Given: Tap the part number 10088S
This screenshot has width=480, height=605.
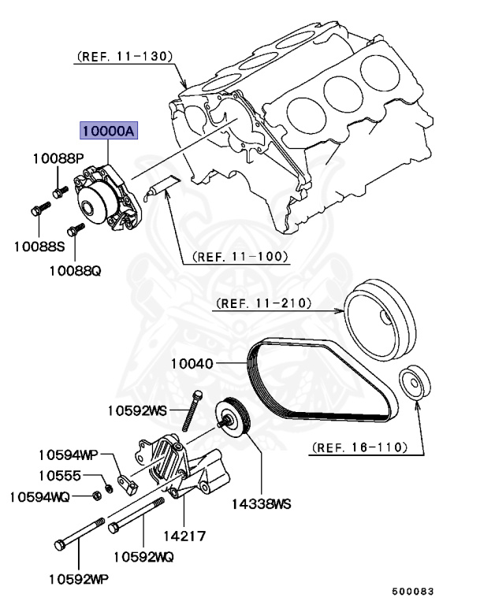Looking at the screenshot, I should point(39,245).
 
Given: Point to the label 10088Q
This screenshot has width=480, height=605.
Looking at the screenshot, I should point(76,271).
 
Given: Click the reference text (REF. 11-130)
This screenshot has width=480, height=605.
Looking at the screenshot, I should point(125,57).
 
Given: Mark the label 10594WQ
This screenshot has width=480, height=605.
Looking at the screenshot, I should point(39,496).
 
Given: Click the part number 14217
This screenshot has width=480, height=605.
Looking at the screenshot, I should point(184,536).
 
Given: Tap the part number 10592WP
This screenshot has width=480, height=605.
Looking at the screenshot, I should point(76,579).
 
